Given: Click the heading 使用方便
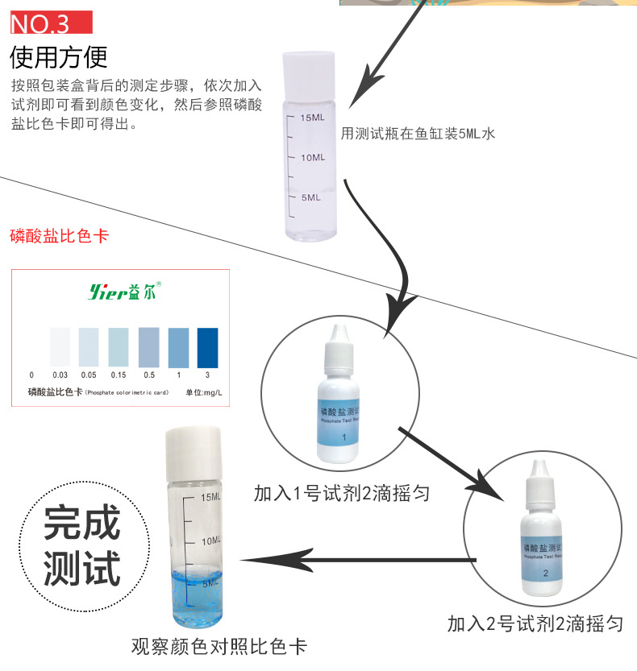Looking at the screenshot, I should click(x=59, y=57).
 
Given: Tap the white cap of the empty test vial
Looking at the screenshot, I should click(x=309, y=68).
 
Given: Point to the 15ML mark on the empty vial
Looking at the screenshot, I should click(x=311, y=118).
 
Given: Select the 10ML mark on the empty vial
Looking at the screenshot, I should click(x=311, y=158).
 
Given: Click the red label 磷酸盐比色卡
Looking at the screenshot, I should click(x=59, y=237).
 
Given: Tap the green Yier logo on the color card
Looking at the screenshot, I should click(x=124, y=292).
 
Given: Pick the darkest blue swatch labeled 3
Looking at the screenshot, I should click(x=207, y=347).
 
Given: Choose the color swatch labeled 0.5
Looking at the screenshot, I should click(x=148, y=347).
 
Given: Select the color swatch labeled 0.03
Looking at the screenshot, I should click(x=60, y=347).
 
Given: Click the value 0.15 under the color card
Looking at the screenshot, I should click(x=119, y=375).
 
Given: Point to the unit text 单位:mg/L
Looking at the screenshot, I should click(x=203, y=392).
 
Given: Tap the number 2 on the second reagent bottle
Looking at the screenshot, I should click(x=546, y=574).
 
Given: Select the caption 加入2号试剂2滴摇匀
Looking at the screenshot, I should click(x=536, y=623).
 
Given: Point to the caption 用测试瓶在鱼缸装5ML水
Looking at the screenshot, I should click(x=418, y=134).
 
